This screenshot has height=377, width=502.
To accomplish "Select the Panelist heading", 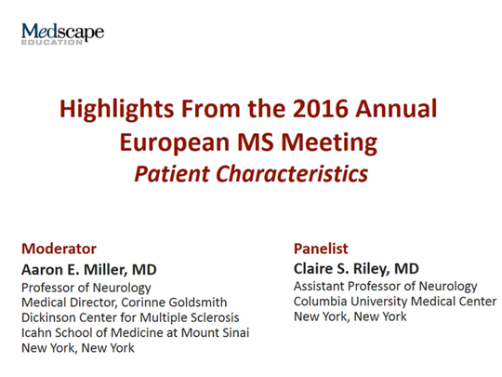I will (x=321, y=249).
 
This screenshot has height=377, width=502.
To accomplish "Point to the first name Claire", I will (x=317, y=268).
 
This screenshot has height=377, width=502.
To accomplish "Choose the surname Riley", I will (x=374, y=268).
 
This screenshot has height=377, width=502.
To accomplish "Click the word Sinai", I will (x=233, y=332).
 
